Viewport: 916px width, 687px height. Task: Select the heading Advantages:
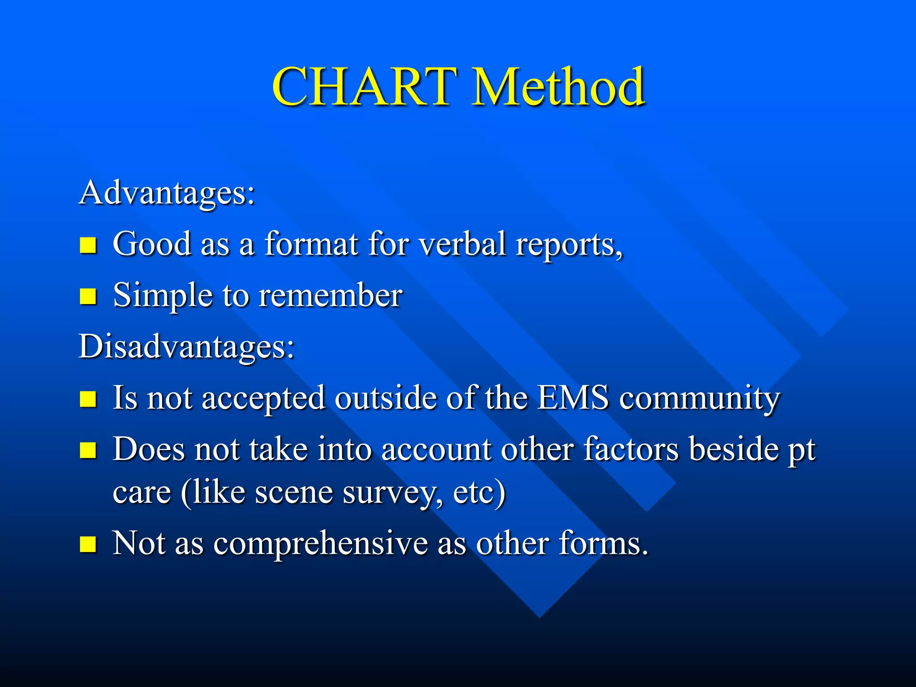coord(167,193)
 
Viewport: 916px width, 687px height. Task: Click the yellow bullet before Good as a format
coord(88,245)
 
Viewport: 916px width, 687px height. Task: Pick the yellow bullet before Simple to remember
coord(88,296)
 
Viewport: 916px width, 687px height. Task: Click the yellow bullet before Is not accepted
coord(88,399)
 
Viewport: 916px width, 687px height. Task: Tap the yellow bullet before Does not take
coord(88,450)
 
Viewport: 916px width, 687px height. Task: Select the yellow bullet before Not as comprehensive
coord(88,544)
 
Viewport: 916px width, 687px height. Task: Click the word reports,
coord(569,246)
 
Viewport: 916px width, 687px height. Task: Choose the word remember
coord(331,296)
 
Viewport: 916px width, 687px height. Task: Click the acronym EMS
coord(572,398)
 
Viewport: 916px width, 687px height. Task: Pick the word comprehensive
coord(320,544)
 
